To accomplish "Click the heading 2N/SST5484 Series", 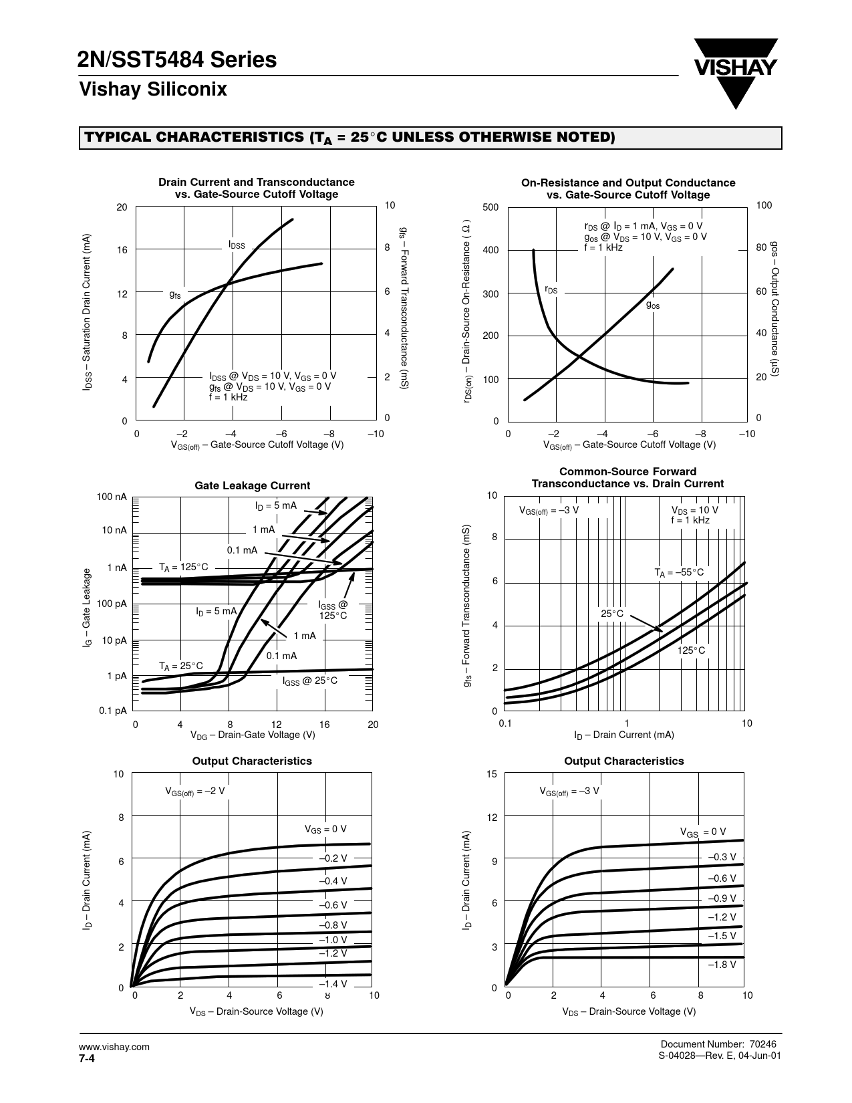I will pos(177,60).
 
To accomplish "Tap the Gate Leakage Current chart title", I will pos(252,486).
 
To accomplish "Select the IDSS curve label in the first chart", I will pos(237,245).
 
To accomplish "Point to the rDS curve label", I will pos(551,289).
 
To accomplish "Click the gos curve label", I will pos(653,304).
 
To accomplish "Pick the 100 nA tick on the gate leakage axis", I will pos(112,497).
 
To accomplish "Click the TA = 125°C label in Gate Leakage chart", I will pos(183,568).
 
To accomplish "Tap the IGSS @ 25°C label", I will pos(310,681).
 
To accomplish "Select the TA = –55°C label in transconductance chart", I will pos(678,572).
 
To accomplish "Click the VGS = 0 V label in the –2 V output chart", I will pos(325,830).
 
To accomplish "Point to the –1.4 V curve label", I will pos(333,984).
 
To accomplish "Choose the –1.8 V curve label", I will pos(722,965).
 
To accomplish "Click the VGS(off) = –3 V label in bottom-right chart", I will pos(569,791).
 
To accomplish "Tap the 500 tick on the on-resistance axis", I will pos(491,207).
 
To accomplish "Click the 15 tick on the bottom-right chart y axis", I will pos(492,774).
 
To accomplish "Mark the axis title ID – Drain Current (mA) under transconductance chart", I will pos(623,735).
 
